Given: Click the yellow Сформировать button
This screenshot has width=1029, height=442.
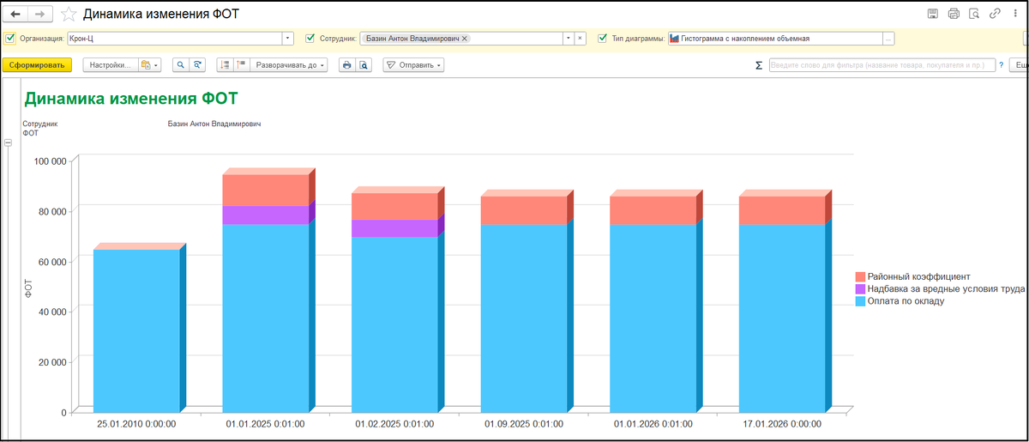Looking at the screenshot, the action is coord(37,65).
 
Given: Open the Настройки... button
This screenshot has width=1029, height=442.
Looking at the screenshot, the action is coord(111,65).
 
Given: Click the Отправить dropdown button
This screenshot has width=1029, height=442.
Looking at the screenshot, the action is coord(413,65).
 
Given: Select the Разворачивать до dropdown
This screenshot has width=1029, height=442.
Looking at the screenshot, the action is coord(288,65).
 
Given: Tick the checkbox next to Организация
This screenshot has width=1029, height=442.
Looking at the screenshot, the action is coord(10,38).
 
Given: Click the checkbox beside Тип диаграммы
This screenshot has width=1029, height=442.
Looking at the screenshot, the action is coord(602,38).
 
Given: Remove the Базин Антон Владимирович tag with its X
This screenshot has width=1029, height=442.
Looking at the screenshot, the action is coord(465,39).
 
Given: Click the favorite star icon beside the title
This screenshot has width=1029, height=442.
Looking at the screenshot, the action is coord(69,15).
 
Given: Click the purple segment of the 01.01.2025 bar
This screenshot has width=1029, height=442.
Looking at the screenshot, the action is coord(266,215).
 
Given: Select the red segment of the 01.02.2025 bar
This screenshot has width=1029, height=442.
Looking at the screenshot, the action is coord(394,206).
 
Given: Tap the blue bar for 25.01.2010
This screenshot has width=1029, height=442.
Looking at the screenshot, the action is coord(136,330).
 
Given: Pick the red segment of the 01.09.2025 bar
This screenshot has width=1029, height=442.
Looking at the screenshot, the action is coord(524,210).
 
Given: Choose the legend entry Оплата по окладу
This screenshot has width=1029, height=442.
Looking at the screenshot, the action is coord(900,301).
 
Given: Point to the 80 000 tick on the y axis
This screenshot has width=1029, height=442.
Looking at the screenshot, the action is coord(50,212).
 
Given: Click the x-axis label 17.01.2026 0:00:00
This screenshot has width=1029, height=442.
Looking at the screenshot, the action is coord(782,424).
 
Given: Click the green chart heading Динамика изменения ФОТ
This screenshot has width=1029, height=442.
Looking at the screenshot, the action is coord(131,99).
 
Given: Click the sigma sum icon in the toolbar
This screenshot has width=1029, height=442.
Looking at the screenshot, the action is coord(759,65).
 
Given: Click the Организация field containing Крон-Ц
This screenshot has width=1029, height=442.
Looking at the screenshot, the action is coord(175,38).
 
